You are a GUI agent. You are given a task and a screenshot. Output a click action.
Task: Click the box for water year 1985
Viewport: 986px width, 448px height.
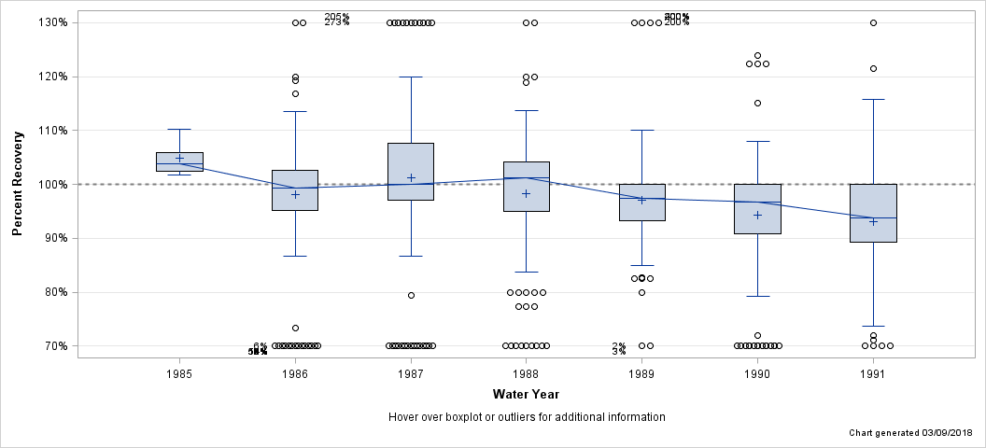179,161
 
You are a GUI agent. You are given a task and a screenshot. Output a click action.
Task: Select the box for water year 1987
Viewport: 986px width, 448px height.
411,172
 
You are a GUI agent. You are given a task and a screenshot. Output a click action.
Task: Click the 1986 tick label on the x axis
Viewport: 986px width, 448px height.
295,374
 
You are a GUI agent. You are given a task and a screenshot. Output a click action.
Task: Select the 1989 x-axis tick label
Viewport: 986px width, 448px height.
641,374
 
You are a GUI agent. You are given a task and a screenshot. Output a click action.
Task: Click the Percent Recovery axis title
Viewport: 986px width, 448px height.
19,184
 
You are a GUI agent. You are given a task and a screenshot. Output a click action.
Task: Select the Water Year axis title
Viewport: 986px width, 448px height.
526,395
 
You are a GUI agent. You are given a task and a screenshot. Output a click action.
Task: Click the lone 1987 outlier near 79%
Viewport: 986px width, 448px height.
411,295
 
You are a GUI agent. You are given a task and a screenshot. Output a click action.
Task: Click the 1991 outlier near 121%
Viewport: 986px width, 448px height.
873,68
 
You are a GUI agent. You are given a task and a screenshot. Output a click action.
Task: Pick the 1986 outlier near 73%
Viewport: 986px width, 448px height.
295,328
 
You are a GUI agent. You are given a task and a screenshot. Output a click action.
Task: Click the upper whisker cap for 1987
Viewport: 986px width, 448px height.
411,77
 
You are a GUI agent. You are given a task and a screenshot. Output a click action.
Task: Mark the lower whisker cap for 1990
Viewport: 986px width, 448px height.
757,296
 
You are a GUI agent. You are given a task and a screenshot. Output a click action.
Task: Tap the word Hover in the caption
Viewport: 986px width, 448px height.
404,417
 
